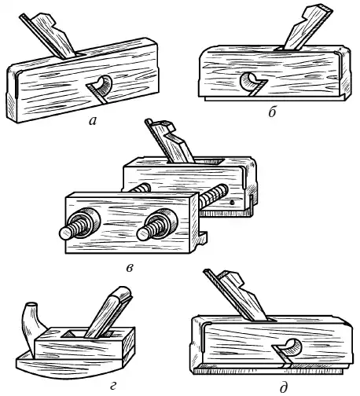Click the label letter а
click(x=93, y=121)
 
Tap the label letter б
click(x=272, y=112)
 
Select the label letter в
click(x=130, y=268)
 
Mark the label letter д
click(x=283, y=387)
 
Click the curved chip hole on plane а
click(x=104, y=84)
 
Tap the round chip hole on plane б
click(x=249, y=81)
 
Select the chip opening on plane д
click(x=293, y=347)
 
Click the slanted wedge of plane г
click(x=108, y=311)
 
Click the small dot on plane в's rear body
click(x=232, y=202)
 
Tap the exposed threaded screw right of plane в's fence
click(x=214, y=196)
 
